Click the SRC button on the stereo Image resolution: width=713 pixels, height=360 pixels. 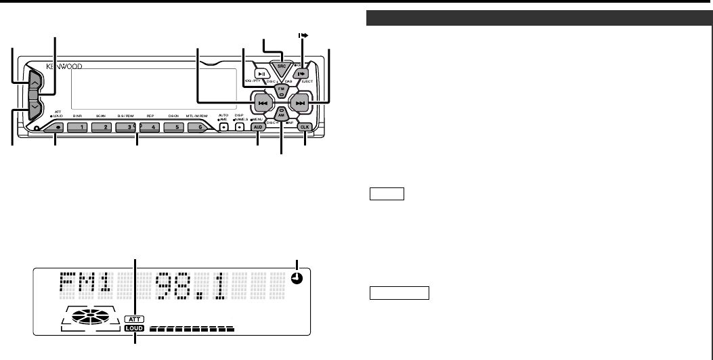pos(281,68)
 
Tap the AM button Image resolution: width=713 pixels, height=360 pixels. pos(281,116)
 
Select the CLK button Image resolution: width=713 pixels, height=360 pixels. pos(304,127)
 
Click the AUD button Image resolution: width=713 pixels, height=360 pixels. pos(258,127)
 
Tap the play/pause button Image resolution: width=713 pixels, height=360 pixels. pos(261,74)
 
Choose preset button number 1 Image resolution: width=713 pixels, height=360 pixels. pos(79,127)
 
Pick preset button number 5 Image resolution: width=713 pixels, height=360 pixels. pos(174,127)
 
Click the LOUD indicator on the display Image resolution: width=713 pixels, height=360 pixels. pos(135,329)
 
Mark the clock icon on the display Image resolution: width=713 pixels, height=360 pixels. pos(297,277)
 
